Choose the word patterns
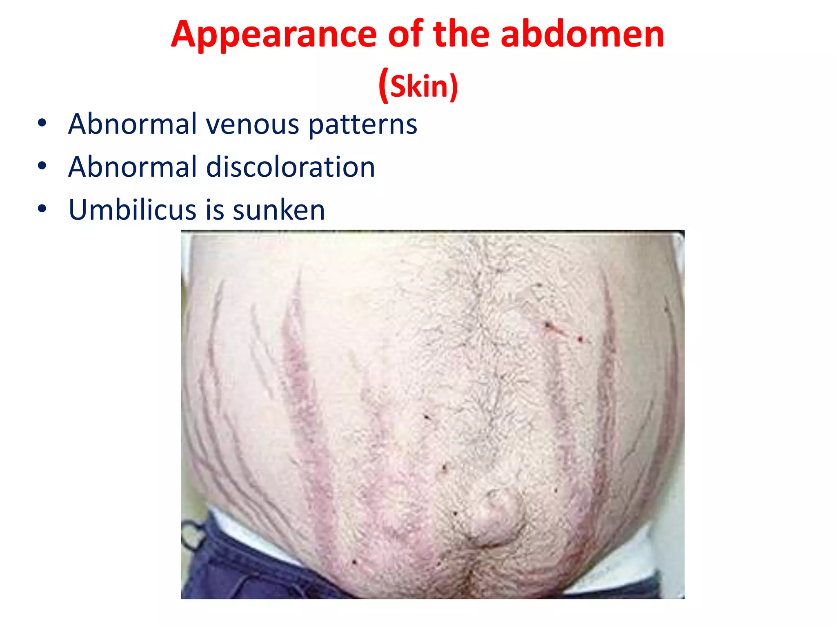tap(362, 125)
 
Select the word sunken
tap(279, 210)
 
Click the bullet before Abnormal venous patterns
tap(42, 124)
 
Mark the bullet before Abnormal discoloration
tap(42, 167)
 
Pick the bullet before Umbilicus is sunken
tap(42, 209)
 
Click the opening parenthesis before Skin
tap(383, 86)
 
